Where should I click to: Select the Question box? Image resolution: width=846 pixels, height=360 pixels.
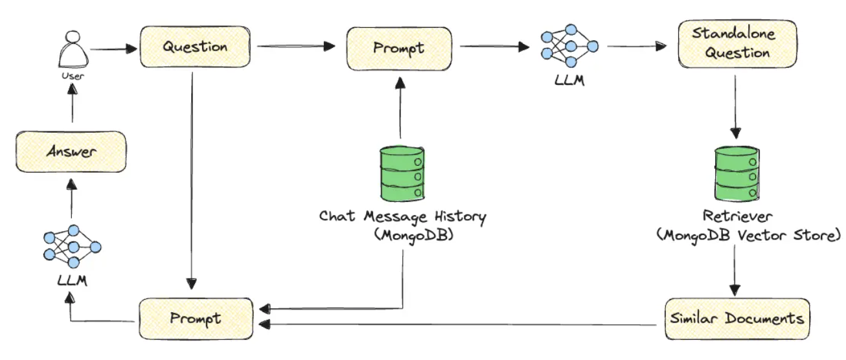[195, 47]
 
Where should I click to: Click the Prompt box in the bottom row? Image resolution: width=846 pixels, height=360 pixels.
[196, 318]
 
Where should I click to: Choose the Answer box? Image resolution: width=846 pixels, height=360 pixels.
[71, 152]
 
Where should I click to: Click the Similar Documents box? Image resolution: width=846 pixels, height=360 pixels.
[737, 319]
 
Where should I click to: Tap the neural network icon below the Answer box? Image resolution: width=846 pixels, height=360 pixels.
[71, 247]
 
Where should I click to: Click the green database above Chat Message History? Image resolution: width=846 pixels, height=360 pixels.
[402, 173]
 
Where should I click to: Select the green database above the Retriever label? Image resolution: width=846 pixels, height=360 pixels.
[735, 173]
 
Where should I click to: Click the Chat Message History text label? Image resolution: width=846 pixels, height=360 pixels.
[402, 216]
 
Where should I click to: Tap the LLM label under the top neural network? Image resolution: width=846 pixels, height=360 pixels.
[569, 82]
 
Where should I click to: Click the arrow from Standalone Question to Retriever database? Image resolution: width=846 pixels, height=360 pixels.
[735, 107]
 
